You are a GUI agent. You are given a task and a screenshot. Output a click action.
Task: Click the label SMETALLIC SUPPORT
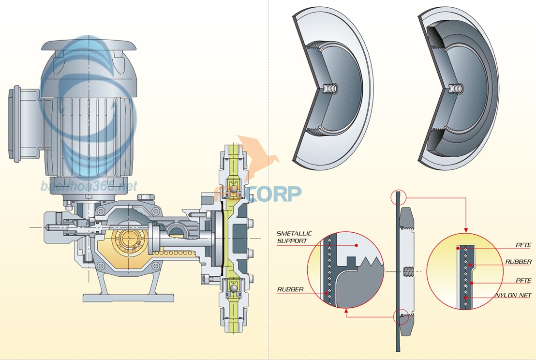tap(294, 237)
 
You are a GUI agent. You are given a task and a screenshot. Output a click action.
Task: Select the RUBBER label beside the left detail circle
tap(290, 290)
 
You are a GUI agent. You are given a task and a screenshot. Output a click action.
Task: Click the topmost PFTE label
tap(523, 246)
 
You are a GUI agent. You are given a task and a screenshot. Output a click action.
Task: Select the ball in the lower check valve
tap(233, 289)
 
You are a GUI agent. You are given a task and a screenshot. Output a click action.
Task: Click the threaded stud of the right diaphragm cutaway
tap(456, 89)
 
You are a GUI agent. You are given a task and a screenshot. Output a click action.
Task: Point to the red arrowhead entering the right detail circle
tap(466, 230)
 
